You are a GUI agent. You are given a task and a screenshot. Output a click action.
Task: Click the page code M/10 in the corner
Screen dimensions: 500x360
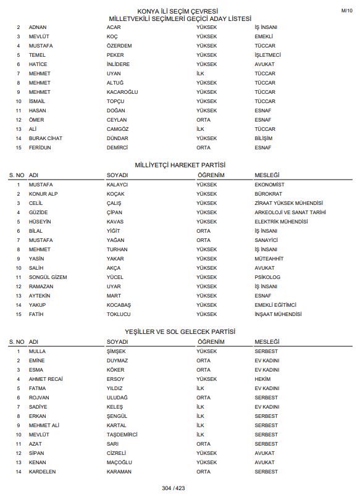(x=346, y=11)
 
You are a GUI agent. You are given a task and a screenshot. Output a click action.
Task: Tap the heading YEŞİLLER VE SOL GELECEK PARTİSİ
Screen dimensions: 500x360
(x=180, y=332)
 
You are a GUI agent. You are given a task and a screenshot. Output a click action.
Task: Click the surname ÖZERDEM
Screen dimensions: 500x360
(x=119, y=46)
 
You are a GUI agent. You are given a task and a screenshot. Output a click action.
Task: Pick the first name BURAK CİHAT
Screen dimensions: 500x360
(x=46, y=138)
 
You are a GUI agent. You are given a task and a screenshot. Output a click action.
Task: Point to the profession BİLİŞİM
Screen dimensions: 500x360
(x=263, y=138)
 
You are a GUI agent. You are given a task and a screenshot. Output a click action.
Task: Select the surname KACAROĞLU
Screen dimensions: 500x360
(x=122, y=92)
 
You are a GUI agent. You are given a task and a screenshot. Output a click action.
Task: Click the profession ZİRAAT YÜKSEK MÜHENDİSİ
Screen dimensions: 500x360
(x=288, y=203)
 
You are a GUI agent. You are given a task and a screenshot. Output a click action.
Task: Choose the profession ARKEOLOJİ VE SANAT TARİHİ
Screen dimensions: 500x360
(x=290, y=212)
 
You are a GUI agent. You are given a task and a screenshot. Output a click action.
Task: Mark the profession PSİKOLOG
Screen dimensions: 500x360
(x=267, y=277)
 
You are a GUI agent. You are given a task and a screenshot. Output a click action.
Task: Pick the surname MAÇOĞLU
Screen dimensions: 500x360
(x=120, y=462)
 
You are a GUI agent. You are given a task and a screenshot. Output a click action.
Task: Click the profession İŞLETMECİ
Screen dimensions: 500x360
(x=267, y=55)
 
